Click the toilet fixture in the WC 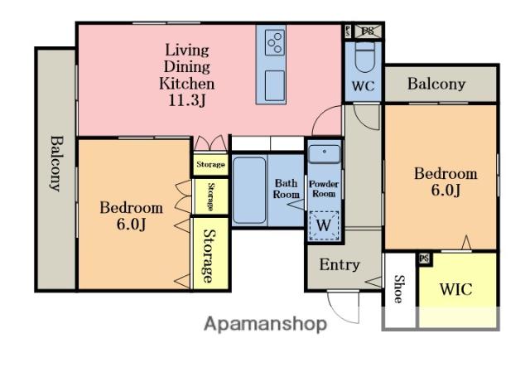click(x=365, y=56)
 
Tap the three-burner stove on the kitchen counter click(x=274, y=42)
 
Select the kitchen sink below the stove click(x=274, y=86)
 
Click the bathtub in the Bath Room click(x=249, y=190)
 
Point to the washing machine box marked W click(x=324, y=225)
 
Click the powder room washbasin click(x=325, y=154)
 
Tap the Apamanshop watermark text click(x=265, y=324)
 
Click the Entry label click(x=340, y=265)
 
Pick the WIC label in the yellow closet click(x=456, y=289)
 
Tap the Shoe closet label click(x=399, y=289)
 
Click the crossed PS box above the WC click(x=368, y=31)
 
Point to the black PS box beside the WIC click(x=425, y=259)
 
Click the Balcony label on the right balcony click(x=436, y=84)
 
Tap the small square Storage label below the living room click(x=210, y=165)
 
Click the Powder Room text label click(x=324, y=189)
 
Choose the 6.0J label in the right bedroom click(x=446, y=190)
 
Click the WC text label click(x=364, y=86)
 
